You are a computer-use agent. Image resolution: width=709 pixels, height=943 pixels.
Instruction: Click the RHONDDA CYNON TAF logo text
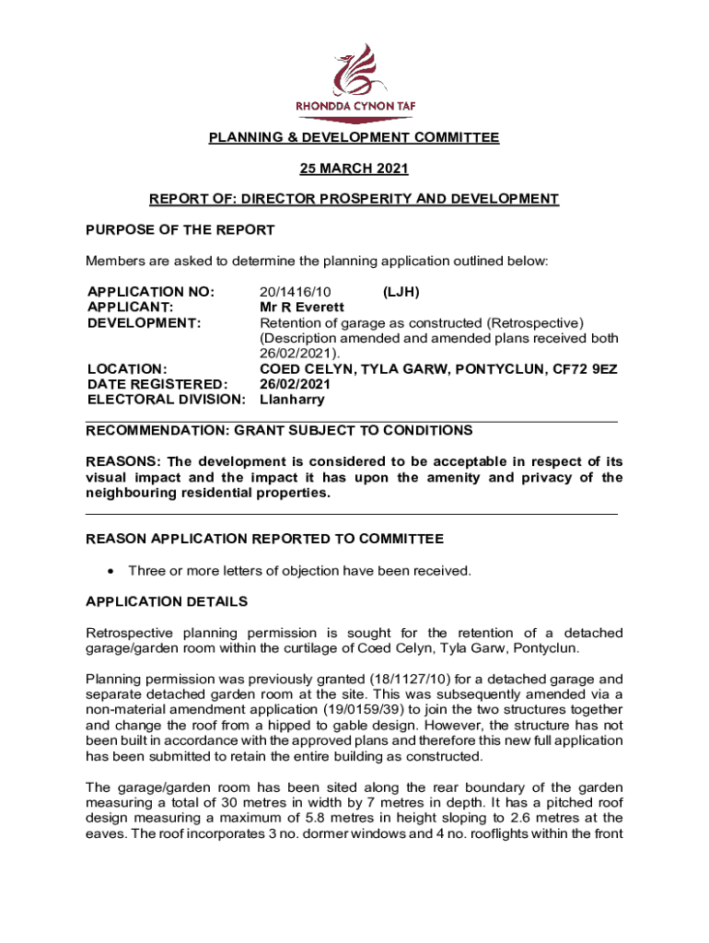354,106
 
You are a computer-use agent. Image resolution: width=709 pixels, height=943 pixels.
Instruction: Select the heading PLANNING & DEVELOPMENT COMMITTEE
354,138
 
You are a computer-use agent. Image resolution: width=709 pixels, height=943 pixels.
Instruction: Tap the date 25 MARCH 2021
354,169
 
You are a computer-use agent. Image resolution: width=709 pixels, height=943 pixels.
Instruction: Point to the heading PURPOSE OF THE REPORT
180,229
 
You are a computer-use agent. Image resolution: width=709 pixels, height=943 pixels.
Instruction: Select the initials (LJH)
401,292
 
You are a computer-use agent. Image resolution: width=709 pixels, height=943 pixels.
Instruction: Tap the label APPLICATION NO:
150,292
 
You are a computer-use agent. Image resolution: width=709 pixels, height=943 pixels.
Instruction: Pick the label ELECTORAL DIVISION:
166,400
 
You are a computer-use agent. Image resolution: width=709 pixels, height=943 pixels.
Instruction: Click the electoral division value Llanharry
292,400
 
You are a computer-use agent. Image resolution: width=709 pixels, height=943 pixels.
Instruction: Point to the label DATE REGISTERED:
157,384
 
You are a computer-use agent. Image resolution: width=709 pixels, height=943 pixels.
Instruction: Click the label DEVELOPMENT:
144,323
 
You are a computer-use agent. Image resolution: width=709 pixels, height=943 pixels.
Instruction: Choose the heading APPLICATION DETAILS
166,601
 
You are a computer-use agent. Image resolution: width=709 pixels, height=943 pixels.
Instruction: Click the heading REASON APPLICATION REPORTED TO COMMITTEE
264,539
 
